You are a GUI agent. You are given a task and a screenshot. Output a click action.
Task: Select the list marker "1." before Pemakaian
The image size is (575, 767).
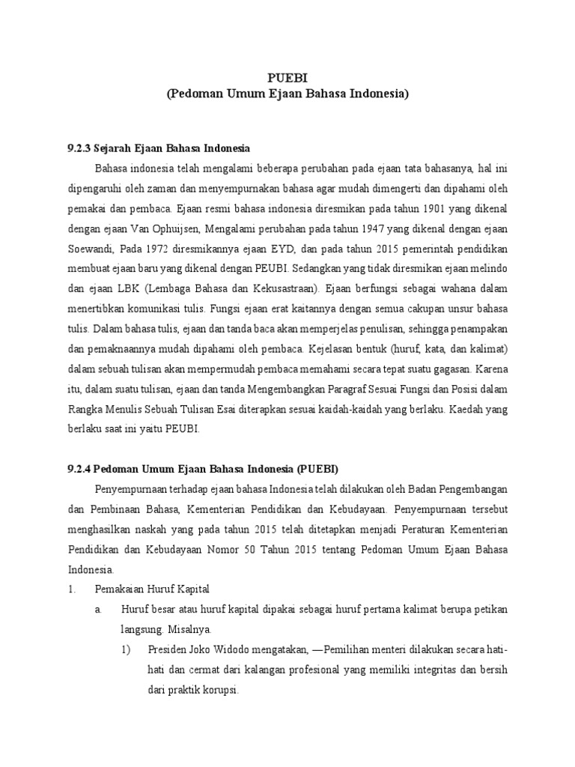(73, 589)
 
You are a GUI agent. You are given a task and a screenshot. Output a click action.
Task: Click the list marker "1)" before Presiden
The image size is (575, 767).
(128, 649)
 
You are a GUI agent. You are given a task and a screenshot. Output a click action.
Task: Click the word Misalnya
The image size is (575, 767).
(187, 628)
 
